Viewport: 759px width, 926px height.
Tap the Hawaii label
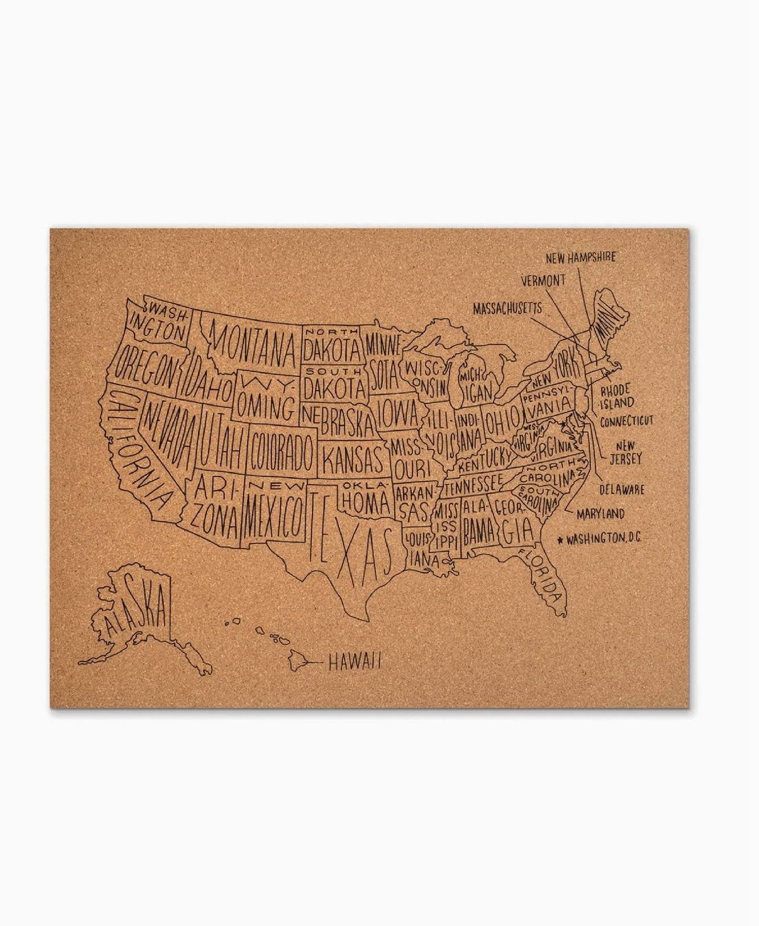(x=354, y=662)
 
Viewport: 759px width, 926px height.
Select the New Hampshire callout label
(x=580, y=257)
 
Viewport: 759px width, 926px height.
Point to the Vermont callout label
(x=543, y=280)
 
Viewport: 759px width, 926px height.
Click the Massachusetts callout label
(x=507, y=308)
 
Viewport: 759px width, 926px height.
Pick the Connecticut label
(x=626, y=420)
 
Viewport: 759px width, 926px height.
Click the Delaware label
(x=621, y=490)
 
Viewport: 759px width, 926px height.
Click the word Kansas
(x=353, y=456)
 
